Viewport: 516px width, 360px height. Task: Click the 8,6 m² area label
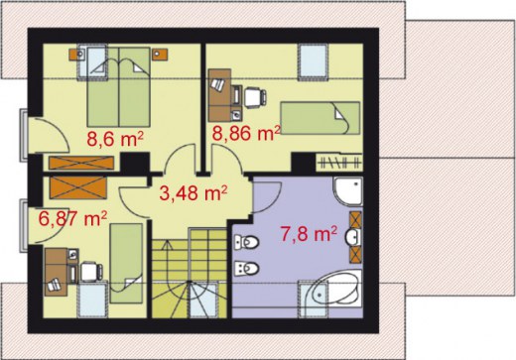pos(115,139)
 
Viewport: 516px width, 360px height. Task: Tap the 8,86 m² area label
pos(246,133)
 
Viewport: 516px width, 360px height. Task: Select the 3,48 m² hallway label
pos(193,193)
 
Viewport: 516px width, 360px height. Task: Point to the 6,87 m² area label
pos(72,218)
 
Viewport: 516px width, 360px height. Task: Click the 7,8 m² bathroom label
pos(309,234)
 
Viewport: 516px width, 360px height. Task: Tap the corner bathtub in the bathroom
pos(337,290)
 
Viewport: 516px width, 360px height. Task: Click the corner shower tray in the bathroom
pos(348,191)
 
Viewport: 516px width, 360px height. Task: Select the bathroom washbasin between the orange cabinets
pos(353,237)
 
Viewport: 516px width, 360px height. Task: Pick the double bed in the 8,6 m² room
pos(118,87)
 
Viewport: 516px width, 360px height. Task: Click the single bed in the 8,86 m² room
pos(320,118)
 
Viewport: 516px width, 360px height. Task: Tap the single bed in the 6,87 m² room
pos(126,263)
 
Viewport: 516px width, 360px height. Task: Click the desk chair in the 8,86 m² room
pos(255,97)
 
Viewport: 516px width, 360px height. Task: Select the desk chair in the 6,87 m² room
pos(91,272)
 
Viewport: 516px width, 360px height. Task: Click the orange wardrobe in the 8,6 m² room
pos(81,163)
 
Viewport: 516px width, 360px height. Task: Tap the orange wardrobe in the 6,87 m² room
pos(78,187)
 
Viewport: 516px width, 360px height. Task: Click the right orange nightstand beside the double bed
pos(160,55)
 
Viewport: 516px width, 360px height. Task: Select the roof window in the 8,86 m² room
pos(313,62)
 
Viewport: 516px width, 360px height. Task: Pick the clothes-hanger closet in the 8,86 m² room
pos(339,162)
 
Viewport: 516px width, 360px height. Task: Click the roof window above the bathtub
pos(313,300)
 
